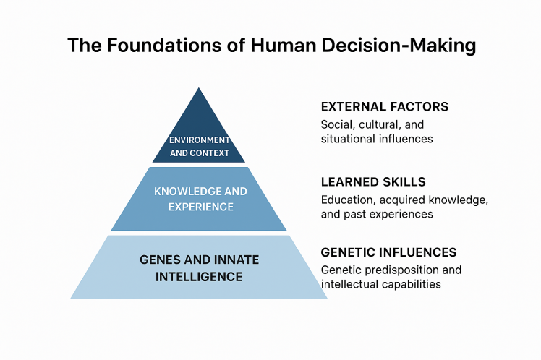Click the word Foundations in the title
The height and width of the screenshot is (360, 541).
pyautogui.click(x=164, y=45)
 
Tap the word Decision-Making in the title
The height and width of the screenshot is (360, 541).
pyautogui.click(x=399, y=46)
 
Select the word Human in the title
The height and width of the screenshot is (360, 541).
pyautogui.click(x=283, y=45)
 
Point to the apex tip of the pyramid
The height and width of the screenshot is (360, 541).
pyautogui.click(x=199, y=88)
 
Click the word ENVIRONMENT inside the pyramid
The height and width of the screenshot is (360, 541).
pyautogui.click(x=200, y=140)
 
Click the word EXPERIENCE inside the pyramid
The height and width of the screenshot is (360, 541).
pyautogui.click(x=201, y=207)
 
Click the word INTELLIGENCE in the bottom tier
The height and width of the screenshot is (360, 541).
pyautogui.click(x=199, y=277)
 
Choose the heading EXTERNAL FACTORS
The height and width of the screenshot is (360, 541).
pyautogui.click(x=385, y=107)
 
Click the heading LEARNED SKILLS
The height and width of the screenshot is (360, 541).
pyautogui.click(x=373, y=182)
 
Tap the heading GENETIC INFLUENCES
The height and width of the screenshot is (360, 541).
pyautogui.click(x=389, y=252)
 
